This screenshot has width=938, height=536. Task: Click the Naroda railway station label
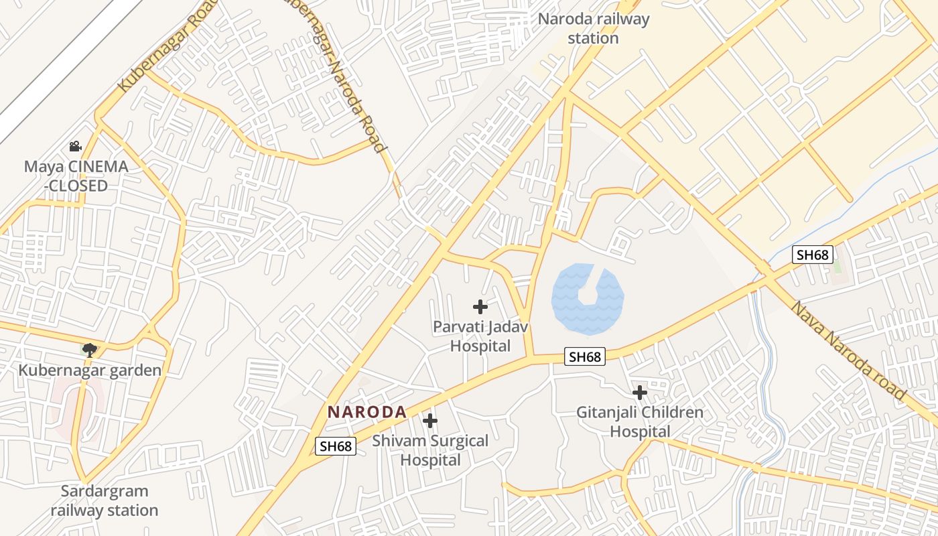pos(594,28)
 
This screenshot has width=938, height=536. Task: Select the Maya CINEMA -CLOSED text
pos(76,176)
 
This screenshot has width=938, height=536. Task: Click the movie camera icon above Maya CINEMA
pos(75,146)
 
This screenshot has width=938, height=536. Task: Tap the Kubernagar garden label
pos(90,370)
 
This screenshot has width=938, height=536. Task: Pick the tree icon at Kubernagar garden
pos(89,349)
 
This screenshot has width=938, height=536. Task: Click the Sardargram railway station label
pos(105,500)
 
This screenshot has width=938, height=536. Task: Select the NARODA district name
pos(367,412)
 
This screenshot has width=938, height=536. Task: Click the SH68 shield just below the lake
pos(585,356)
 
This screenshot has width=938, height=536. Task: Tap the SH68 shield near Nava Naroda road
pos(812,255)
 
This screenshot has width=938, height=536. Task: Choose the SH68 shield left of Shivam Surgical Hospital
pos(335,446)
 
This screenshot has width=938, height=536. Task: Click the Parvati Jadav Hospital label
pos(480,336)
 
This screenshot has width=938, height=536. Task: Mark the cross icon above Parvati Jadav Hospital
pos(480,307)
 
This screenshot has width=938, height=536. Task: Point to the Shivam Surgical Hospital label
pos(430,450)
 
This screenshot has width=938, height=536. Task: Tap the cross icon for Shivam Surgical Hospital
pos(430,421)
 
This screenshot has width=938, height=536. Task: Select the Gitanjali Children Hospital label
pos(640,421)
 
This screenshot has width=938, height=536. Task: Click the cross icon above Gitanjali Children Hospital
pos(640,392)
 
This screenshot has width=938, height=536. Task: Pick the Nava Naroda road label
pos(848,351)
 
